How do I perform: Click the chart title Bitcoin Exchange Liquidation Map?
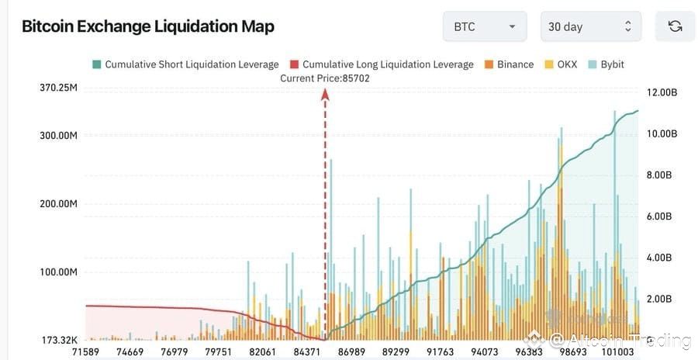[147, 26]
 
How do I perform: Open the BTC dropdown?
[485, 26]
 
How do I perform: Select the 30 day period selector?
[590, 26]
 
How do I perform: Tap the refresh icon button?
[675, 26]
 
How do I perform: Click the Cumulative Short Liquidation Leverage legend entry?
[185, 64]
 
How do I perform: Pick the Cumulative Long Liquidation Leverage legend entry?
[381, 64]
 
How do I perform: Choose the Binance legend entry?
[509, 64]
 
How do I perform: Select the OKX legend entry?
[561, 64]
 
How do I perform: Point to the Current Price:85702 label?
[325, 78]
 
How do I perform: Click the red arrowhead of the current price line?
[325, 94]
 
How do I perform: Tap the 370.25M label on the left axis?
[59, 88]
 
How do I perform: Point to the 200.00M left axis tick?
[59, 203]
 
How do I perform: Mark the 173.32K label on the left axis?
[59, 340]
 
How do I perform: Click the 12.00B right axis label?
[662, 92]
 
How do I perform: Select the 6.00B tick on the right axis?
[662, 216]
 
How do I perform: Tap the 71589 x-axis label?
[86, 351]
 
